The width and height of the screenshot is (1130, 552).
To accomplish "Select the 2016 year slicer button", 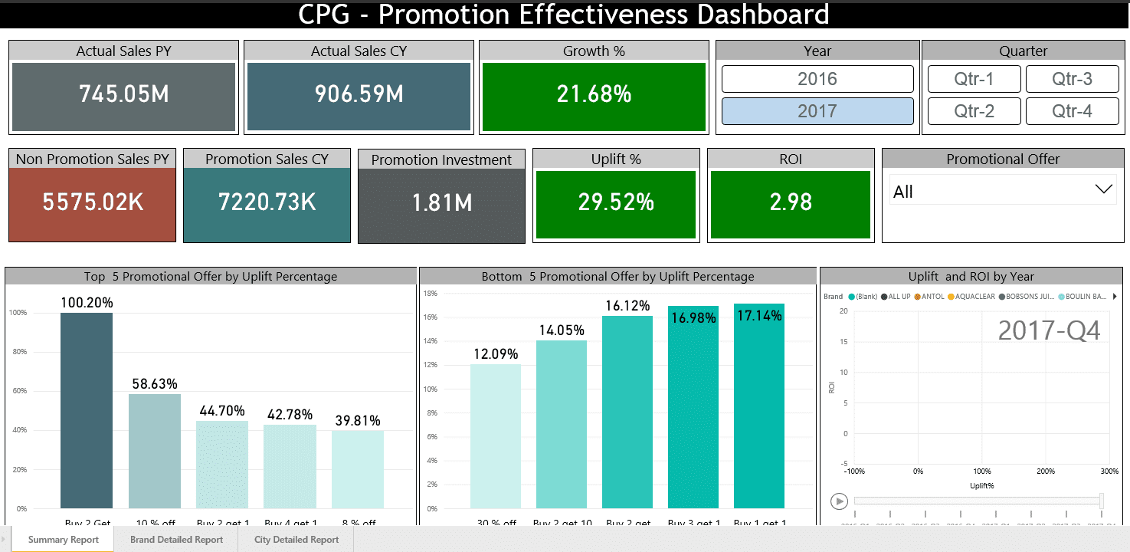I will coord(817,79).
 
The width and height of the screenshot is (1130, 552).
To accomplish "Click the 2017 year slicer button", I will coord(817,111).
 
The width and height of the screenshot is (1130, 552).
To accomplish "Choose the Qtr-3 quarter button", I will coord(1072,79).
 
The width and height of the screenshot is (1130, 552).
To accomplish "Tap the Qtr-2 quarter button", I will coord(974,111).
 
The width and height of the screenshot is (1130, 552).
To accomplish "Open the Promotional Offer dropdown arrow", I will coord(1104,189).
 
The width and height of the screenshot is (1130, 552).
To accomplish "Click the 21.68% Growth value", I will coord(594,94).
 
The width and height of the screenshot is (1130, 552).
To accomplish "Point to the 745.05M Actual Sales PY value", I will coord(124,94).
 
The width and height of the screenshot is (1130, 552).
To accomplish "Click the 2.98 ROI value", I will coord(790,202).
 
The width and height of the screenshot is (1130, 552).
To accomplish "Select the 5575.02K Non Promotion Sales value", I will coord(93,202).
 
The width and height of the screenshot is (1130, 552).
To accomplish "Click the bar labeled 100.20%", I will coord(87,410).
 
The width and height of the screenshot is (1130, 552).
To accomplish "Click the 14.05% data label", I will coord(561,330).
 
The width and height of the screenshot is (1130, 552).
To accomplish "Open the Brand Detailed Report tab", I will coord(176,540).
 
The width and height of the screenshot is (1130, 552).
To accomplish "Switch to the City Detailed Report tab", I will coord(296,540).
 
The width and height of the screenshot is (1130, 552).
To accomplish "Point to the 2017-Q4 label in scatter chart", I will coord(1049,330).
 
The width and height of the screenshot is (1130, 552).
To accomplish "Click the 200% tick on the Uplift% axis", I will coord(1046,472).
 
